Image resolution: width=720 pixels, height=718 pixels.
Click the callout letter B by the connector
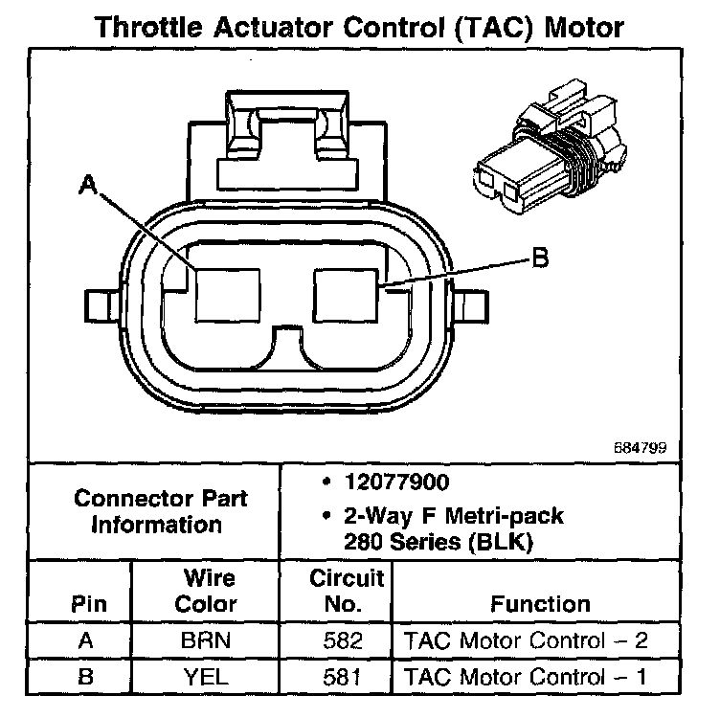(540, 258)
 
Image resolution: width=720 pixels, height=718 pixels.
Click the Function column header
(540, 604)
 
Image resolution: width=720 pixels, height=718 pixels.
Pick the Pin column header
(88, 604)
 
